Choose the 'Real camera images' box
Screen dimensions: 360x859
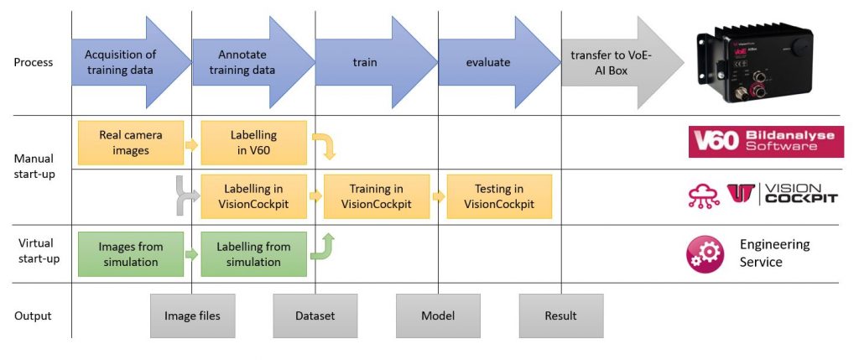130,142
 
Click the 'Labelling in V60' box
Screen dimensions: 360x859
253,142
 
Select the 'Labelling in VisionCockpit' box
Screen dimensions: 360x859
253,196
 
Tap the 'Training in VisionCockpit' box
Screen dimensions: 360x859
376,196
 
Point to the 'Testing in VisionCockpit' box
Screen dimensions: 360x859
499,196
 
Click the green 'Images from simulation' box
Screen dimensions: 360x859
130,254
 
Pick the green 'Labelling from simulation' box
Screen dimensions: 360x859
253,254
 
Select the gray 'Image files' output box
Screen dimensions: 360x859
192,316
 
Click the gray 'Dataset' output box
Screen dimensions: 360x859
315,316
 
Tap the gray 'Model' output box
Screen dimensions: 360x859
438,316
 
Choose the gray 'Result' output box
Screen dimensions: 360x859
560,316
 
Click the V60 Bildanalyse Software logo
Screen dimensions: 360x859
766,141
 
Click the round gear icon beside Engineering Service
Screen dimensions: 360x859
705,253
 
